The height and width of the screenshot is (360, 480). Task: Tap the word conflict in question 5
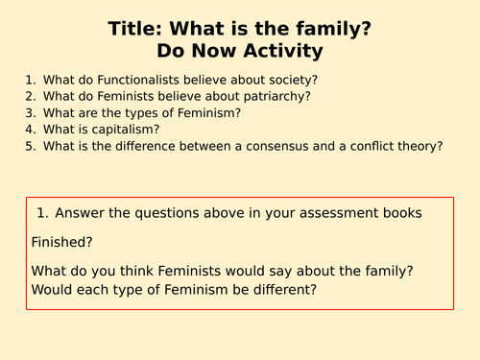(365, 146)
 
